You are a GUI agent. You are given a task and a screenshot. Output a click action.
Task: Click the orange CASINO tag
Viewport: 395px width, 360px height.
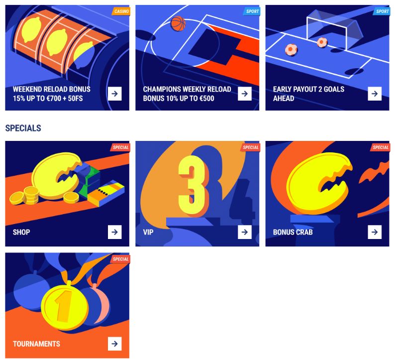click(121, 11)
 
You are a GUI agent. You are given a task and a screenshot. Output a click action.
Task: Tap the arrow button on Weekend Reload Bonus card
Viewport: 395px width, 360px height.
click(114, 94)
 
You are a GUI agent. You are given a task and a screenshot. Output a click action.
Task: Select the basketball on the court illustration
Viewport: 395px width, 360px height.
click(178, 23)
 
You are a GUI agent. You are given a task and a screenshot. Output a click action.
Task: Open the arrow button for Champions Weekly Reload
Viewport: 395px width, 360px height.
click(245, 94)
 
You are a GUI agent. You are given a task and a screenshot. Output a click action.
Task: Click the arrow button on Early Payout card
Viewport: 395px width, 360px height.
click(375, 94)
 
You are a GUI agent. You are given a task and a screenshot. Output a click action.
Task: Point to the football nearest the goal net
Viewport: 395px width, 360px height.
click(322, 42)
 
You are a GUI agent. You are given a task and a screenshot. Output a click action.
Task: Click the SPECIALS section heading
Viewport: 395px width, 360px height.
click(23, 128)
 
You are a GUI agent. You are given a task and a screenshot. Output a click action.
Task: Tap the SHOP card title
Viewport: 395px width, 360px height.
click(21, 232)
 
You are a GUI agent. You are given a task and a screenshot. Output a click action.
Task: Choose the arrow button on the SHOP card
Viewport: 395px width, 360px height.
click(114, 232)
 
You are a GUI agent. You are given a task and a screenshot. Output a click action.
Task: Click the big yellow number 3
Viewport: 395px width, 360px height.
click(192, 185)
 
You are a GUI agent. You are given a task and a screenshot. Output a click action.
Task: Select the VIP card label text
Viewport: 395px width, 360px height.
click(148, 232)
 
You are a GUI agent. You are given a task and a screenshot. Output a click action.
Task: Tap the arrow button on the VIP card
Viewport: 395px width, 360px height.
click(245, 232)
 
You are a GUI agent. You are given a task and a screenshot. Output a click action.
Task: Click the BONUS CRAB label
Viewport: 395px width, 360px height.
click(293, 232)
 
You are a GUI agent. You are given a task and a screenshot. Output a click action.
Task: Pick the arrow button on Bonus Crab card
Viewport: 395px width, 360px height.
click(375, 232)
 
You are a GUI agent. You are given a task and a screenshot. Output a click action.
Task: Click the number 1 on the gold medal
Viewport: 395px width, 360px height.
click(63, 306)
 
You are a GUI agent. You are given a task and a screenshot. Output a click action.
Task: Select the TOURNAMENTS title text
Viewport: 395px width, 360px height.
click(36, 344)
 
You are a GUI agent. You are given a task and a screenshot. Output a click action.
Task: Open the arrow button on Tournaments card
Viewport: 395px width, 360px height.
click(114, 344)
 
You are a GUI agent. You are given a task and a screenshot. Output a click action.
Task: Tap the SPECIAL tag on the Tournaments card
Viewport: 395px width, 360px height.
click(120, 259)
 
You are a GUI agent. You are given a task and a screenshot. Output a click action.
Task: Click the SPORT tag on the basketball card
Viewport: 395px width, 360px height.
click(252, 11)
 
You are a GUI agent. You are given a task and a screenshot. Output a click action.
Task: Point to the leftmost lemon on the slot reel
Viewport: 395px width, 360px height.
click(31, 29)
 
